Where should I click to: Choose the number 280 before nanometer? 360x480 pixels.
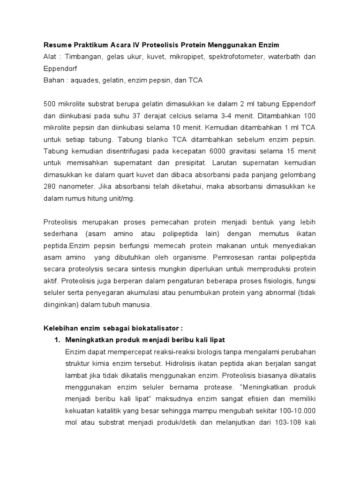(x=51, y=186)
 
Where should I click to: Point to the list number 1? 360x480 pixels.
(x=58, y=339)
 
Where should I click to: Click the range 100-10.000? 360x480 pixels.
(x=293, y=411)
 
